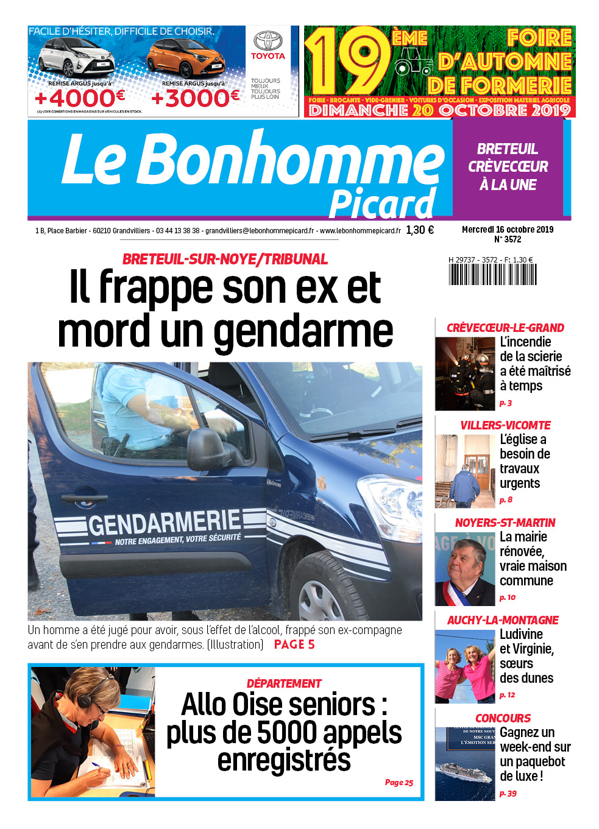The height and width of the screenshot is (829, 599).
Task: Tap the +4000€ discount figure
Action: coord(80,97)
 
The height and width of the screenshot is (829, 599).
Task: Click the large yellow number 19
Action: coord(348,61)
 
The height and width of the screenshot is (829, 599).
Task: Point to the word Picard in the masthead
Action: coord(382,204)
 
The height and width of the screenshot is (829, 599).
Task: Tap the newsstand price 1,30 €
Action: coord(420,230)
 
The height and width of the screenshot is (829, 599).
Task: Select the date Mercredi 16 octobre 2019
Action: coord(508,230)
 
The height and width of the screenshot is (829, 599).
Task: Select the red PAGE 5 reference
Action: coord(294,644)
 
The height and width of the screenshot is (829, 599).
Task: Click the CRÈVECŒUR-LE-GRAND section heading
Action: coord(505,328)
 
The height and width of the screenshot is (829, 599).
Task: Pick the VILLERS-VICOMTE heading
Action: coord(505,425)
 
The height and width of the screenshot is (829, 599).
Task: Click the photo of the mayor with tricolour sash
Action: coord(465,569)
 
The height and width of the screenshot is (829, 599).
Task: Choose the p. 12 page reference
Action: coord(507,695)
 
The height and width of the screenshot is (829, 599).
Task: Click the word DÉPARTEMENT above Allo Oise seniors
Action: coord(284,683)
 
